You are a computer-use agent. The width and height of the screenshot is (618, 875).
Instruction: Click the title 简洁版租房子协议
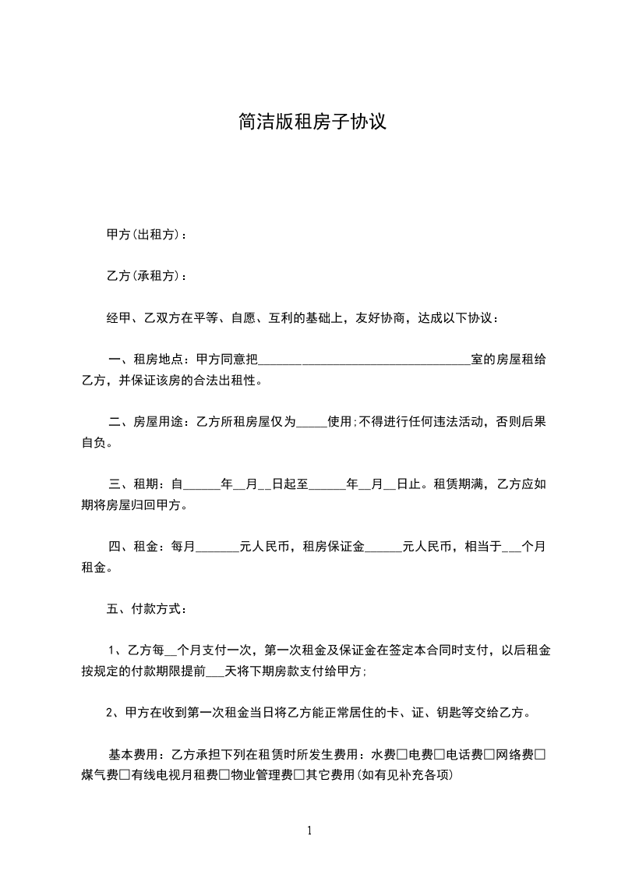(312, 122)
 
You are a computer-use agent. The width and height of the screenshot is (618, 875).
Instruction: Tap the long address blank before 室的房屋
(364, 360)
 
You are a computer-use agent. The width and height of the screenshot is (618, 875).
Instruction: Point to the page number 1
(309, 831)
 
